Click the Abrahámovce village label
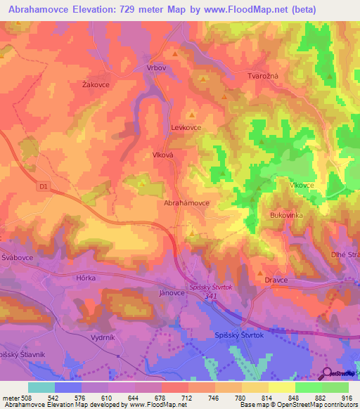(186, 202)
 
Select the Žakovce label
(96, 84)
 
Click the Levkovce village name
(186, 128)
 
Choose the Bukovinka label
(286, 216)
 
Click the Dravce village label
(276, 280)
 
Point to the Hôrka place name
(86, 278)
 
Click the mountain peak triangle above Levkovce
(192, 113)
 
